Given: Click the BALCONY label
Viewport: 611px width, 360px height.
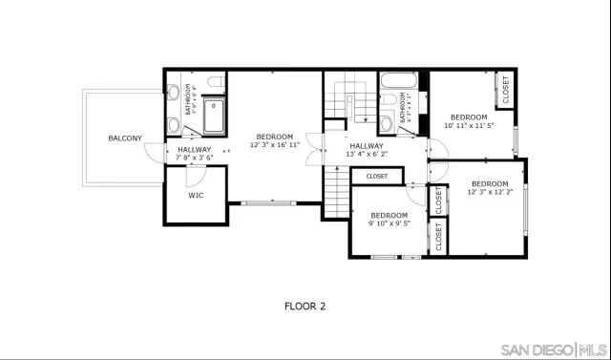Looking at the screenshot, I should (124, 138).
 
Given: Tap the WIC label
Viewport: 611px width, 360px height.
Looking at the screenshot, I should (196, 195).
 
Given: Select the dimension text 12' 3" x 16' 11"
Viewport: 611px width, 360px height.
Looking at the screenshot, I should (275, 146).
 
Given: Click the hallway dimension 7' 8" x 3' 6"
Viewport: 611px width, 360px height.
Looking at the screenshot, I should (195, 158).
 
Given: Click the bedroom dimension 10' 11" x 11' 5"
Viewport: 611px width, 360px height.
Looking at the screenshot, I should (469, 125).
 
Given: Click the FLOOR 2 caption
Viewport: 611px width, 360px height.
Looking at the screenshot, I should (305, 307).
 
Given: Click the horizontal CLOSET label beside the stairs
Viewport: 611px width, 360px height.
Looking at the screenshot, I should (376, 177).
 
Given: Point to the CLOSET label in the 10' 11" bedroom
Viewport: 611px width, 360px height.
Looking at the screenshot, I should (505, 91).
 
